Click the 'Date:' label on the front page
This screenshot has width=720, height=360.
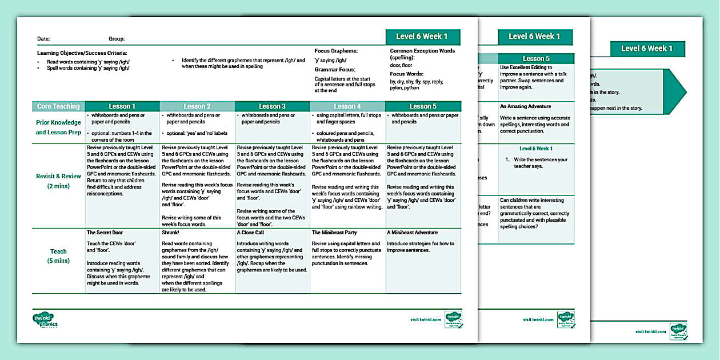[x=43, y=39]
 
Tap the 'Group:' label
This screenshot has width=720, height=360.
[x=117, y=39]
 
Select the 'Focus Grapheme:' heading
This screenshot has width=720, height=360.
[x=336, y=51]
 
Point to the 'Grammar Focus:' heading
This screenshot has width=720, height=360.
[x=334, y=70]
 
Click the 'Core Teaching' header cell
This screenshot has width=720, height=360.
[x=59, y=106]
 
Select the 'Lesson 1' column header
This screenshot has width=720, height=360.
[x=122, y=106]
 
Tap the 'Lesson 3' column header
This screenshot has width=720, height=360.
[x=272, y=106]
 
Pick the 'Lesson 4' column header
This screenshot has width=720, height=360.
[x=347, y=106]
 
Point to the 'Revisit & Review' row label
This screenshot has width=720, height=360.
[x=59, y=177]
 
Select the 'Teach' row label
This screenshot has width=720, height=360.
[x=58, y=251]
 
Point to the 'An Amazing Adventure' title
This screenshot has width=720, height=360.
[x=525, y=106]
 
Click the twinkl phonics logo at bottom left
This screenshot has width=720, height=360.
[x=46, y=320]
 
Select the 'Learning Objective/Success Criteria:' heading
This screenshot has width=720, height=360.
[x=82, y=53]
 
